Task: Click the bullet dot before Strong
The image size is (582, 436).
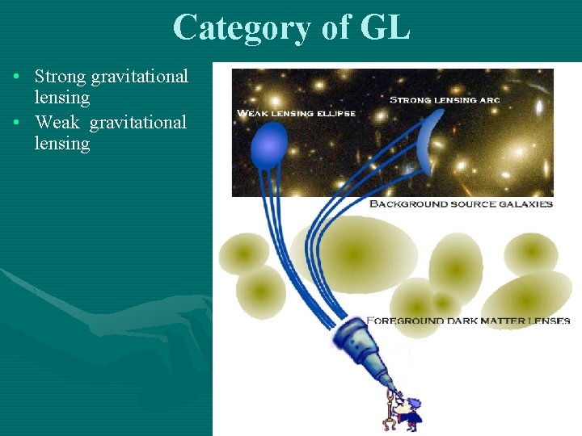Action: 16,78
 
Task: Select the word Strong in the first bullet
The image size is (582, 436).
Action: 61,77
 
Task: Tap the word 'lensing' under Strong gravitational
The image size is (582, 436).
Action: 62,98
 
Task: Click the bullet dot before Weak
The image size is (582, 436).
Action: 16,123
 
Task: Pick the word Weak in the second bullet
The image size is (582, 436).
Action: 57,122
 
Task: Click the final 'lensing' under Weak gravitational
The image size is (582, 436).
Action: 62,144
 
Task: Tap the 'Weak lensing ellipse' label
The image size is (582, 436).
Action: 296,113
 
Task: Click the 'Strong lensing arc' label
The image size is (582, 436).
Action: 445,100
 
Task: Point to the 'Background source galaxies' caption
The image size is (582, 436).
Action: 461,204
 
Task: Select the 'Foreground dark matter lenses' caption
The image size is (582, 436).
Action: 469,321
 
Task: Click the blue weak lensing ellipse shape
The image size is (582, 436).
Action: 268,146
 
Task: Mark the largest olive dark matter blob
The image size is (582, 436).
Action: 354,254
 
